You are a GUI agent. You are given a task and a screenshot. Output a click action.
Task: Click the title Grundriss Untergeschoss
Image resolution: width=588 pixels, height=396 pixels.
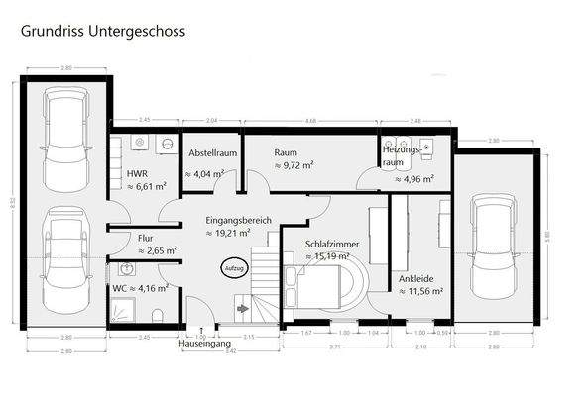pos(102,31)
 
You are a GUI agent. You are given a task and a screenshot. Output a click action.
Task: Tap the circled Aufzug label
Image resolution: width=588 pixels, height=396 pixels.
pos(233,268)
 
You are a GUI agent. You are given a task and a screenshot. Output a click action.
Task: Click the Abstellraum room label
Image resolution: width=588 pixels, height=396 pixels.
pos(210,153)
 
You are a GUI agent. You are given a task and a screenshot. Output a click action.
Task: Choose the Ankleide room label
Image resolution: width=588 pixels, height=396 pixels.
pos(414,277)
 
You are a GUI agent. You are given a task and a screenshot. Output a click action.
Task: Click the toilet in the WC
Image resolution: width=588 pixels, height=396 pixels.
pos(159,315)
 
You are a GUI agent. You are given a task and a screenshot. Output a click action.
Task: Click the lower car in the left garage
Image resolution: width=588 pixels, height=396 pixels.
pos(61,264)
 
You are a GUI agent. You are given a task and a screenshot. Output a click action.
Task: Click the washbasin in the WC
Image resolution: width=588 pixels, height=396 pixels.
pos(125,269)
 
